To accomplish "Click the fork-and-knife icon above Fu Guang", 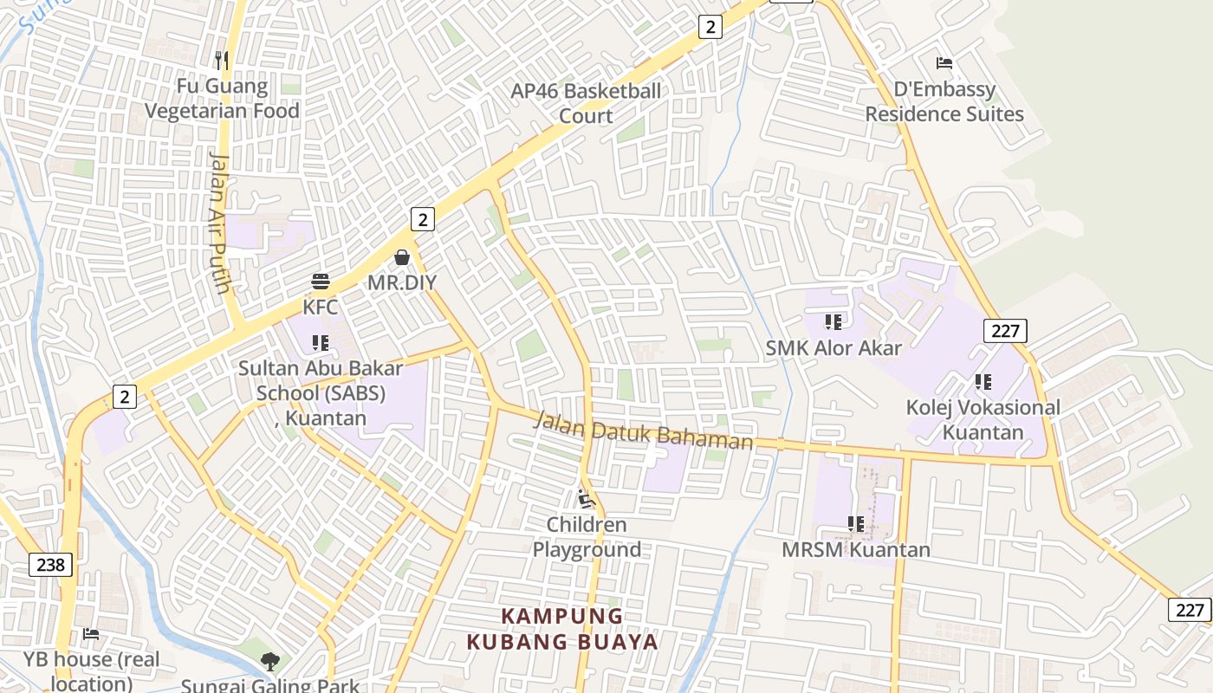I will click(x=222, y=60).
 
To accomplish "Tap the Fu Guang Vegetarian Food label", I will click(x=222, y=99).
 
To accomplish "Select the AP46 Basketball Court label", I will click(x=586, y=103).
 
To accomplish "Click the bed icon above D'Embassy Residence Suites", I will click(x=944, y=63).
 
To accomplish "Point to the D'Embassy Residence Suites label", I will click(x=944, y=102).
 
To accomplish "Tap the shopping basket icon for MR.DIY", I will click(x=402, y=257).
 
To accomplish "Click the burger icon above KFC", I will click(x=321, y=282).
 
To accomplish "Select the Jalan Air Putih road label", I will click(x=220, y=223).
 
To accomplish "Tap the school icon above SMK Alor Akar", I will click(x=834, y=323).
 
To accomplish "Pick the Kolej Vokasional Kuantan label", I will click(x=983, y=419).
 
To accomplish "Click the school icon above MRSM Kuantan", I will click(x=856, y=524).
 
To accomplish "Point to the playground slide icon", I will click(x=587, y=499).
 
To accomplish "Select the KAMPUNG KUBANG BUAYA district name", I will click(x=562, y=629).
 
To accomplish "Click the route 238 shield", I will click(x=51, y=566).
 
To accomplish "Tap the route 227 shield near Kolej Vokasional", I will click(x=1005, y=330).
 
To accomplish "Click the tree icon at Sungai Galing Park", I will click(x=270, y=662).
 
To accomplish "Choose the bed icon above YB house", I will click(x=91, y=634).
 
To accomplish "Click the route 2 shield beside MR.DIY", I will click(x=422, y=219).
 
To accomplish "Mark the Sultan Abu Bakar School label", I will click(x=321, y=392).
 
